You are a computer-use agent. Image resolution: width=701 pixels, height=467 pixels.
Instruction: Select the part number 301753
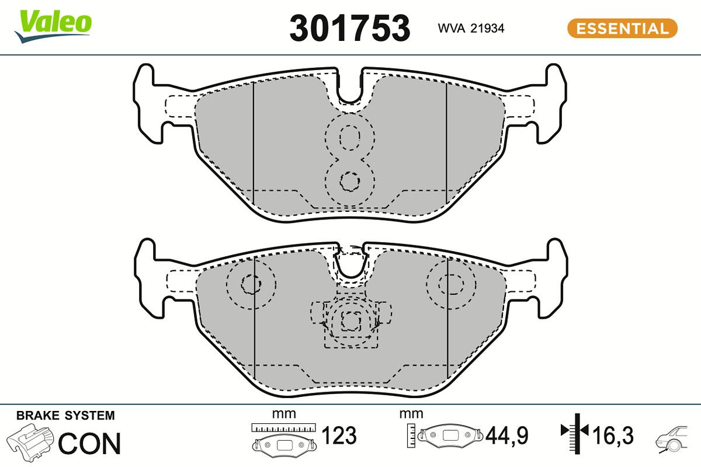pos(350,27)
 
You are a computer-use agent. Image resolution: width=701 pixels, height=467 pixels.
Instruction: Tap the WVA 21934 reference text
pos(471,28)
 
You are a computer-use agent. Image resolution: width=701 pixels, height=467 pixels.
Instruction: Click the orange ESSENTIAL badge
pos(622,28)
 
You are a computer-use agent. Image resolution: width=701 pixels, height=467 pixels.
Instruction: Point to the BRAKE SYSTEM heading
pos(65,416)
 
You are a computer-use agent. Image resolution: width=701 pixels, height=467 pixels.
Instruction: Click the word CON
pos(89,444)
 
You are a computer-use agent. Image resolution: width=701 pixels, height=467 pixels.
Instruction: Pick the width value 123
pos(339,435)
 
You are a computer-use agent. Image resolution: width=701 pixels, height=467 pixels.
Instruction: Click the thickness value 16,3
pos(613,435)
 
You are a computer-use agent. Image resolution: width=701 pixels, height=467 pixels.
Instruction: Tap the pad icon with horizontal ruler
pos(283,440)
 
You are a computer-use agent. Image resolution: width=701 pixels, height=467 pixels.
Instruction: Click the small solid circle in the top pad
pos(350,182)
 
